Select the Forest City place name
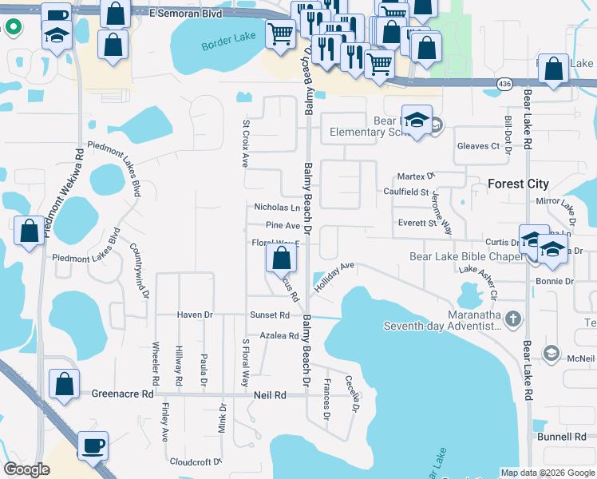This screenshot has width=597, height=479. tap(518, 184)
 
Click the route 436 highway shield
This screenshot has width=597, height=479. tap(503, 83)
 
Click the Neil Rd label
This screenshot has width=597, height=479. tap(269, 395)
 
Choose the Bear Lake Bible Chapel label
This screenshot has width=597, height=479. tap(465, 256)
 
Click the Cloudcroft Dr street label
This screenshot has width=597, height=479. tap(195, 461)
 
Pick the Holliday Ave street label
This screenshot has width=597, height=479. tap(334, 275)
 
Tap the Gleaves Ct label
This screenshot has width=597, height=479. tap(478, 146)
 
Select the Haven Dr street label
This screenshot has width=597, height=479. tap(195, 315)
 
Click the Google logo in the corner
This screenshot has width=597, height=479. tap(27, 469)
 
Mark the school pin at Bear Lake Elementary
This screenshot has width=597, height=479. tap(416, 120)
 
